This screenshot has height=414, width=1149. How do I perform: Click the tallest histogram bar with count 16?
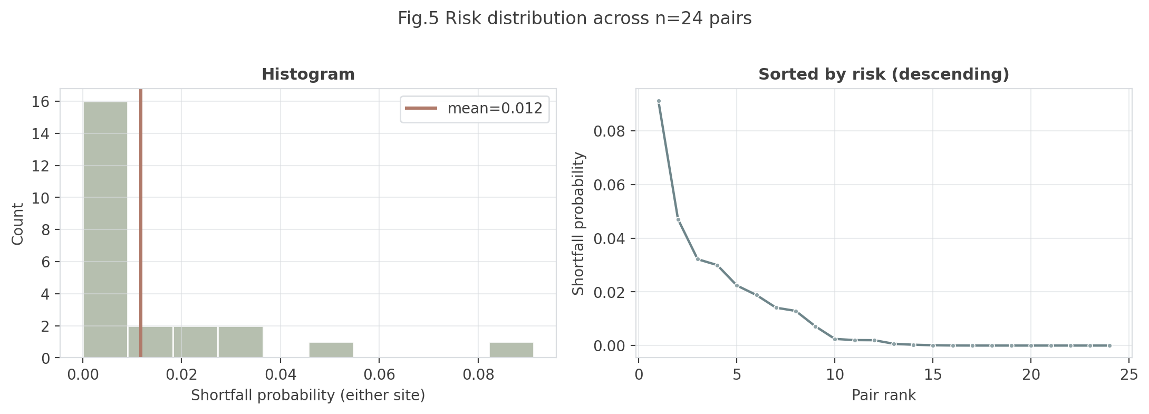pos(105,229)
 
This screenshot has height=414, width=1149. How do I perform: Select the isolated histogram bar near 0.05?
pos(331,350)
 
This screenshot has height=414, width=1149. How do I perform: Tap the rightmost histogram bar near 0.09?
pos(511,350)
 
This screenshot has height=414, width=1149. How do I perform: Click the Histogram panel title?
pos(308,74)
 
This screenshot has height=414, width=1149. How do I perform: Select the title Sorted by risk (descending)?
pos(883,74)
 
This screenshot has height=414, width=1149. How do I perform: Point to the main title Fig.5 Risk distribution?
pos(574,18)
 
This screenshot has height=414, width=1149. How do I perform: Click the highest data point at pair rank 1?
pos(659,101)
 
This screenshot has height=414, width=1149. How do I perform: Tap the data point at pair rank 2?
pos(678,219)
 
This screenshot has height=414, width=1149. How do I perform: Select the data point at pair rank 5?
pos(737,285)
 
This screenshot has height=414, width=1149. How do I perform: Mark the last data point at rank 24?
pos(1109,345)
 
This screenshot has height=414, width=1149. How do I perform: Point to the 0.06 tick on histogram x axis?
pos(379,375)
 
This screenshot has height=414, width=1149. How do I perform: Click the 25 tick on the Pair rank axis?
pos(1129,375)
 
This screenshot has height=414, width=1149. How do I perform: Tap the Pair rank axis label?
pos(883,396)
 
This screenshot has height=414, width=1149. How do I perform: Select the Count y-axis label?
pos(18,224)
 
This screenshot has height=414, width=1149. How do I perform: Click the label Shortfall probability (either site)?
pos(308,396)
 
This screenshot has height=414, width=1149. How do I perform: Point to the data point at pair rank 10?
pos(835,339)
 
